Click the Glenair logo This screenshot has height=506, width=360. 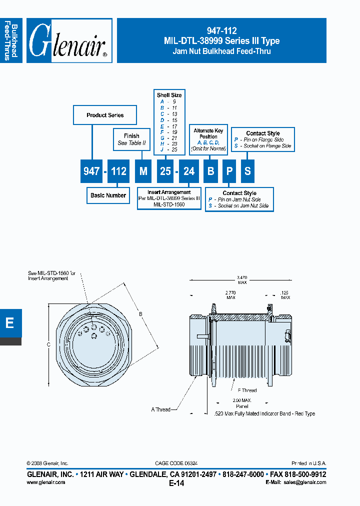click(x=69, y=40)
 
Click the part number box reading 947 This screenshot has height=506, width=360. click(x=91, y=171)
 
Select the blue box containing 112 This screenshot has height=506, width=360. click(x=118, y=171)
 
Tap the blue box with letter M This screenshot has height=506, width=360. click(x=143, y=171)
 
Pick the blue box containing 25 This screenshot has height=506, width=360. click(x=165, y=171)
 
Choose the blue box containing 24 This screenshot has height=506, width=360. click(x=188, y=171)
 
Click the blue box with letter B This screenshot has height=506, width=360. click(x=211, y=171)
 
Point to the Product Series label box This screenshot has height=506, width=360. click(x=105, y=115)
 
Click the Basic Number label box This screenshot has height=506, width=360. click(x=108, y=195)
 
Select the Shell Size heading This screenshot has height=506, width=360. click(x=169, y=95)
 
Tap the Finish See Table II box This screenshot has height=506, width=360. click(x=131, y=139)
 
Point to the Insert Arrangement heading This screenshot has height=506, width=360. click(x=169, y=192)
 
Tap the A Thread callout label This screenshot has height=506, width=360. click(x=160, y=409)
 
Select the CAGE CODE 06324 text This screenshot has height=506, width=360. click(x=179, y=463)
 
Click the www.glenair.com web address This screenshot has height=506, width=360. click(x=45, y=482)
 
